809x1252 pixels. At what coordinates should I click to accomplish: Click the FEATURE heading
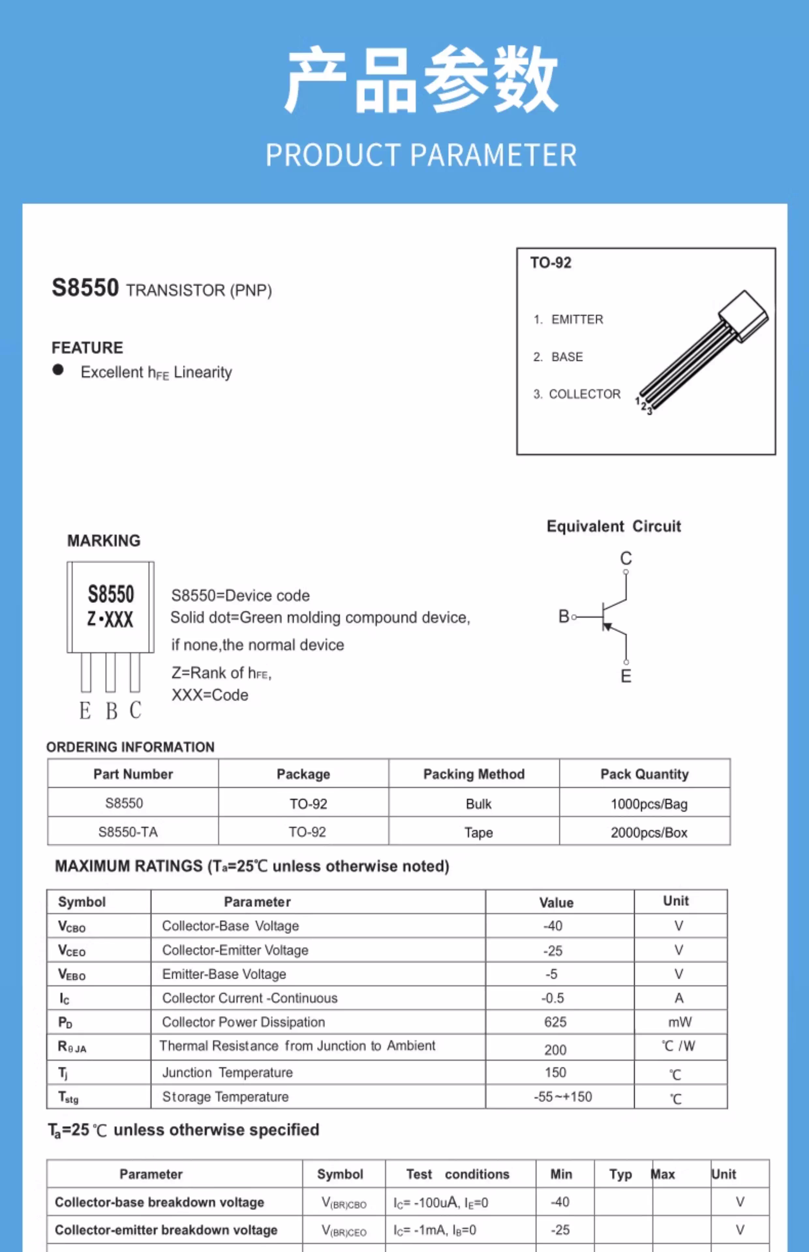[87, 348]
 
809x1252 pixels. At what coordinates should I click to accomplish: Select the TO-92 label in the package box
[550, 262]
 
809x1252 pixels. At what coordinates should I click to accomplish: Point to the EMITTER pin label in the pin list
[577, 319]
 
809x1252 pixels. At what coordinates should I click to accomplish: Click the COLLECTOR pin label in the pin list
[584, 394]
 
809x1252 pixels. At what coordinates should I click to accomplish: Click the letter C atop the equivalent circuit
[626, 558]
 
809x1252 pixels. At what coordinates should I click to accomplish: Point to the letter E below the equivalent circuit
[626, 676]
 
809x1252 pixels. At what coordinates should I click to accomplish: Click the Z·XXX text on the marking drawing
[110, 619]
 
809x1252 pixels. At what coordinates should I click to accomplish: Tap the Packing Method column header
[474, 774]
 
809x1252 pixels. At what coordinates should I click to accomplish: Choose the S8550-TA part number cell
[128, 831]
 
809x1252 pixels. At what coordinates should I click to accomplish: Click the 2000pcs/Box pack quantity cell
[649, 832]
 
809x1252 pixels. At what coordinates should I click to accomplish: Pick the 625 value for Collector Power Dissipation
[555, 1021]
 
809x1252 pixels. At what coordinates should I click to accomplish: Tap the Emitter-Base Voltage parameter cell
[224, 974]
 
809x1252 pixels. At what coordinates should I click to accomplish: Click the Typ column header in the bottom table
[620, 1174]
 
